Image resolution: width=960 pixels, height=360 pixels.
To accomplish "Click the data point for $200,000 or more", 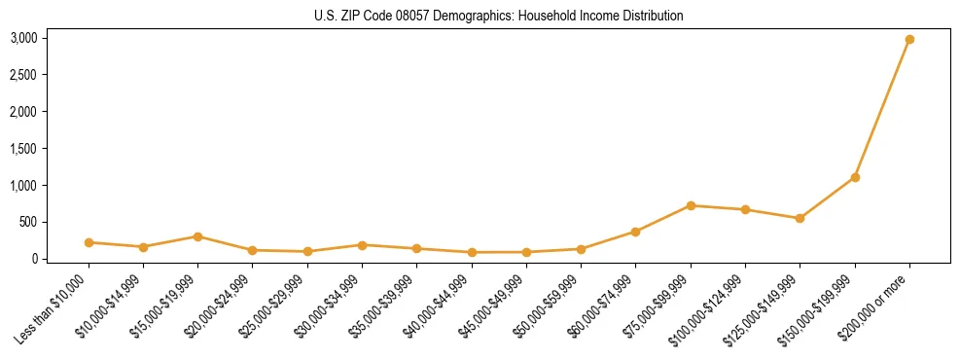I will (x=909, y=39).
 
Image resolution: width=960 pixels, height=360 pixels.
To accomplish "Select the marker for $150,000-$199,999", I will (x=855, y=177).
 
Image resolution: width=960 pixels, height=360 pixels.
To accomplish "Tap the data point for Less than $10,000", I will (x=89, y=242).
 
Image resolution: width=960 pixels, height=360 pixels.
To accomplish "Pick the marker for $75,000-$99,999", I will (x=691, y=205).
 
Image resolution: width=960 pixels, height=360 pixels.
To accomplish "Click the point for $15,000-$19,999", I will (x=197, y=236).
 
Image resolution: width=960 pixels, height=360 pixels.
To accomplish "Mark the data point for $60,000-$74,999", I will (x=636, y=232).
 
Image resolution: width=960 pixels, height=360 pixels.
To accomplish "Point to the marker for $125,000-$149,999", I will (x=800, y=218).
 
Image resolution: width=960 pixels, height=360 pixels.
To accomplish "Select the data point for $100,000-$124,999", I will (x=745, y=209).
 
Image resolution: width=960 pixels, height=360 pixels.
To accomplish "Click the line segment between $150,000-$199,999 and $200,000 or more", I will (x=882, y=108).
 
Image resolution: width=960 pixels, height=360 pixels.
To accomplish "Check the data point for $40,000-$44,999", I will (x=472, y=252).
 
